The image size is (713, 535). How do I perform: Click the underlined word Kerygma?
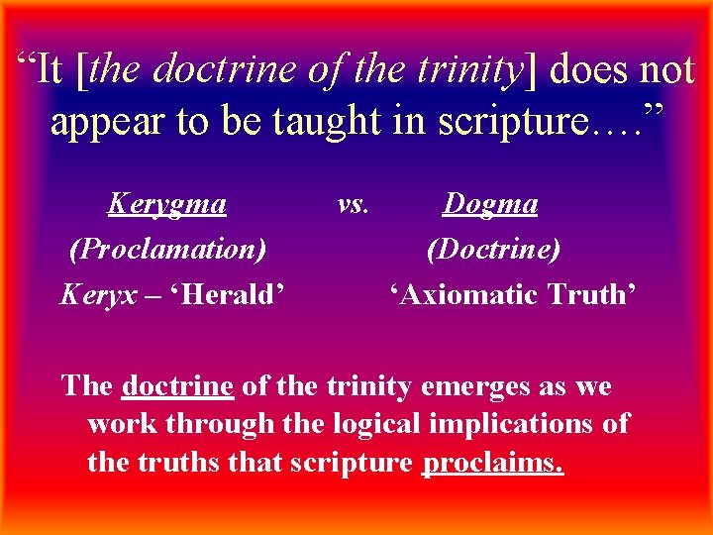166,204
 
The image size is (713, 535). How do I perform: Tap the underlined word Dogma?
490,204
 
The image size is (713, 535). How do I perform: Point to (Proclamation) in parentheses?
167,249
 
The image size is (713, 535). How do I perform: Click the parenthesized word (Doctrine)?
493,249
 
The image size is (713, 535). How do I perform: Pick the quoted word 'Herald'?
224,294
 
